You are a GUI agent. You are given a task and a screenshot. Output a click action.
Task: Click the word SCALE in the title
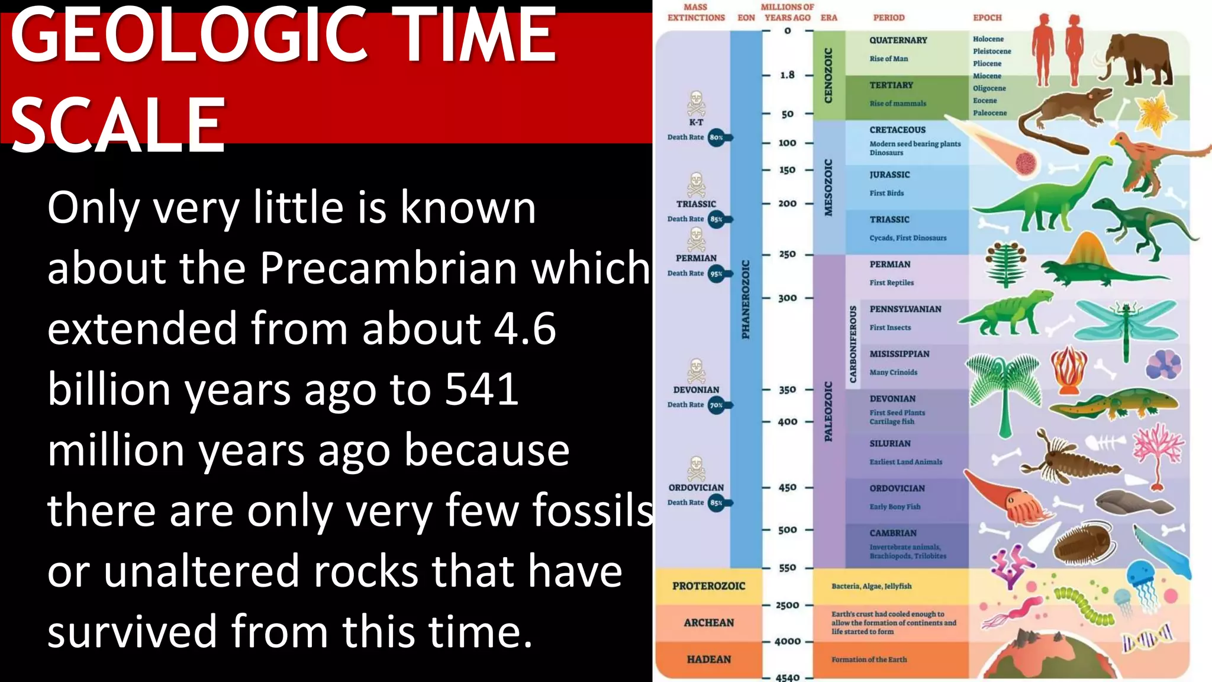[118, 126]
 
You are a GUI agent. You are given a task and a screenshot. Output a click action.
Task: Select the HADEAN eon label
[708, 660]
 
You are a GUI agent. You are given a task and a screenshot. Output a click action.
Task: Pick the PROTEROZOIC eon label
[708, 586]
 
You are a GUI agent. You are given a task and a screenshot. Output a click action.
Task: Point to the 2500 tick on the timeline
[787, 606]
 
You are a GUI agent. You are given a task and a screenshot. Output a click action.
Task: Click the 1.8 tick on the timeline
[787, 75]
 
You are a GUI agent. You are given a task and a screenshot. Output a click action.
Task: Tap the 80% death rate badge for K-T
[717, 137]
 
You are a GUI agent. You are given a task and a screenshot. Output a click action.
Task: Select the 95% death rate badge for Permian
[717, 274]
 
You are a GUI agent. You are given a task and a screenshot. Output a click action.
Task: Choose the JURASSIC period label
[889, 175]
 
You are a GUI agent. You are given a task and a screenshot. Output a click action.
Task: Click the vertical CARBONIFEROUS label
[853, 345]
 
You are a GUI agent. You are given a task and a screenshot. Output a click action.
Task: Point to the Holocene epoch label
[988, 39]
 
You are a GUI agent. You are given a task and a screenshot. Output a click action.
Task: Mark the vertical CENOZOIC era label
[829, 75]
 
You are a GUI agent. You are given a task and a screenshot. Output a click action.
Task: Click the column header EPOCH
[987, 18]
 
